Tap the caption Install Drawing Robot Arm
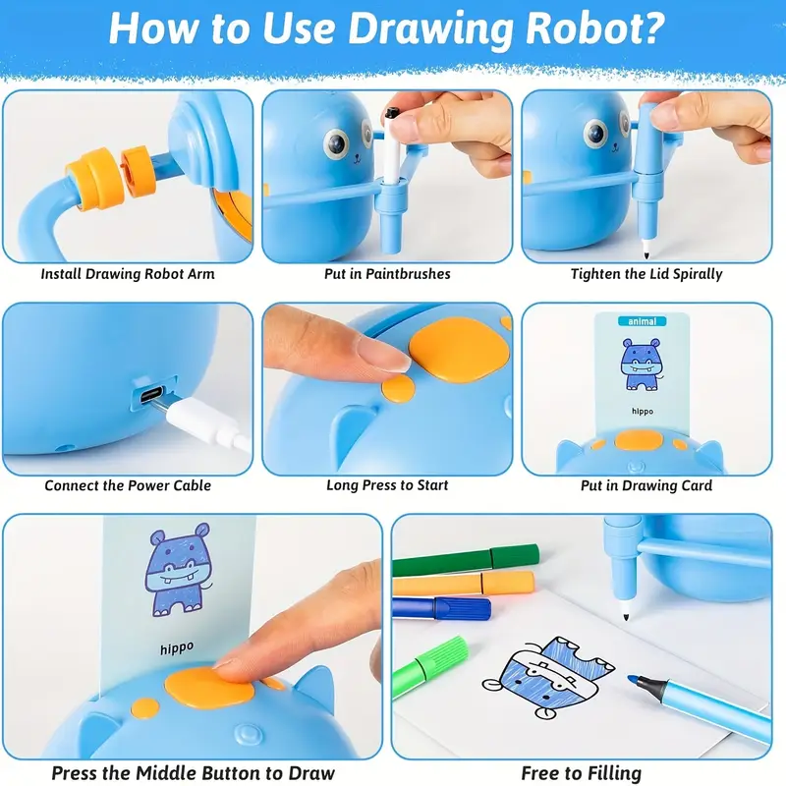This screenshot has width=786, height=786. click(128, 274)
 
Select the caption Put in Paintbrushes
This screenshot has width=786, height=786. click(387, 274)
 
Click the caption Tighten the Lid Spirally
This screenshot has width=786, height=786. click(646, 274)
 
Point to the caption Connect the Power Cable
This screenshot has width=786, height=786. click(128, 485)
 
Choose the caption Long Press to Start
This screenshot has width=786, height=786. click(387, 485)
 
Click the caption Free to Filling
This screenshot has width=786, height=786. click(582, 773)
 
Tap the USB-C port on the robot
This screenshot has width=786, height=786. click(152, 394)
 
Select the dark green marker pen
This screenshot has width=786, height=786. click(466, 560)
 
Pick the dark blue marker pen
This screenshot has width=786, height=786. click(441, 607)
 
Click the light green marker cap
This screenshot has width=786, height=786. click(441, 654)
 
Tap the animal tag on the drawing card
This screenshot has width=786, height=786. click(643, 321)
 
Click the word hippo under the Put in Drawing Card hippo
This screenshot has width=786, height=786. click(643, 411)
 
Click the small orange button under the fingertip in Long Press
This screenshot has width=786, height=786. click(399, 388)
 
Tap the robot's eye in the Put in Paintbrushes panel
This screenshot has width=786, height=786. click(336, 142)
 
